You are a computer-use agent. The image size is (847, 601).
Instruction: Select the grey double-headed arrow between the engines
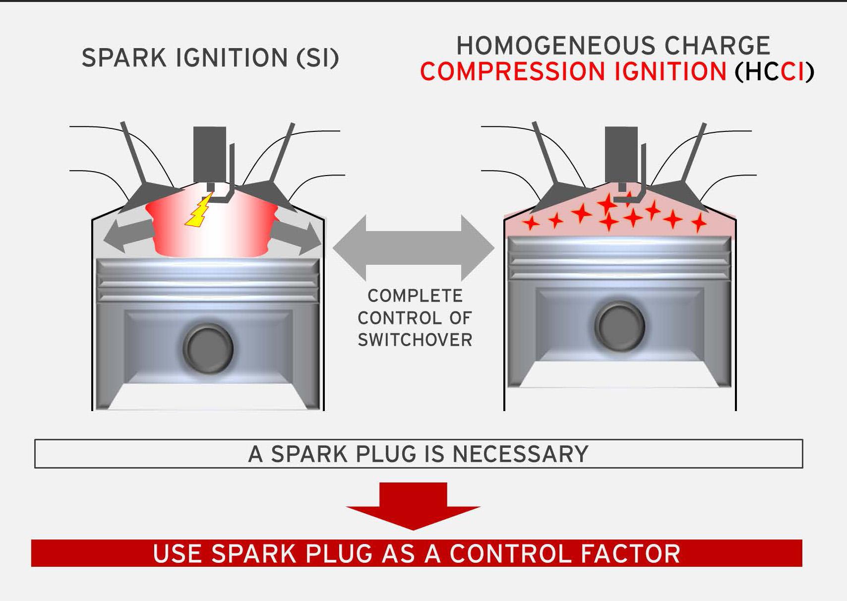click(414, 248)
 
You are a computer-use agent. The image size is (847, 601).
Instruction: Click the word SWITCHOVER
click(415, 340)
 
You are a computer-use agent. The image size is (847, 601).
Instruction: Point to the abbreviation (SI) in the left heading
click(317, 58)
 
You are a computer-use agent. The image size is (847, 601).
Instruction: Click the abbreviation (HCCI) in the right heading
click(775, 72)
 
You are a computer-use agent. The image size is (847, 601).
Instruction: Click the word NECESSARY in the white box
click(520, 454)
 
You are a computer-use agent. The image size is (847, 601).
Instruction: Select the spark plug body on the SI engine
click(210, 154)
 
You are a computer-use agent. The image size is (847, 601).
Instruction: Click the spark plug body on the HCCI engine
click(621, 154)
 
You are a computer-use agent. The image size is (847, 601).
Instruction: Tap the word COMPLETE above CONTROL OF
click(415, 296)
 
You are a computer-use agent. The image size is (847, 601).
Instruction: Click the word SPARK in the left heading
click(124, 58)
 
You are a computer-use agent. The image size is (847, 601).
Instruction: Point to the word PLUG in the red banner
click(339, 554)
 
